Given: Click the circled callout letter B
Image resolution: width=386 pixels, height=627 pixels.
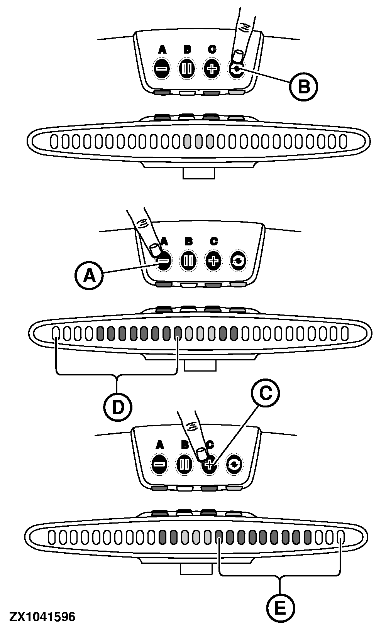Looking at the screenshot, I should (x=303, y=86).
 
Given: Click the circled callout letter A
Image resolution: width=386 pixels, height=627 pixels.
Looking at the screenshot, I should (x=89, y=275).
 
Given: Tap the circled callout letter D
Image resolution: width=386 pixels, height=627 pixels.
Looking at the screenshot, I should (x=117, y=406).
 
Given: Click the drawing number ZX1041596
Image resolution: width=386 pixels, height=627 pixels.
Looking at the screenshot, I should (x=42, y=617).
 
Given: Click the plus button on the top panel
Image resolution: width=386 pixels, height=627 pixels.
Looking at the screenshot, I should (x=211, y=69).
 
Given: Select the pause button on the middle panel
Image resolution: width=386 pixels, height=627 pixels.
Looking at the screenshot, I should (x=188, y=261).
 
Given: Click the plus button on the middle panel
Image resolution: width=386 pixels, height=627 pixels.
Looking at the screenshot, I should (x=213, y=261).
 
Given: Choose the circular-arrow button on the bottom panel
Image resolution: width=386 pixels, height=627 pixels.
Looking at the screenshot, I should (x=234, y=464).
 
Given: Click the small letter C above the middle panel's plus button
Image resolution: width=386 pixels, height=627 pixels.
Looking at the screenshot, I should (x=213, y=242).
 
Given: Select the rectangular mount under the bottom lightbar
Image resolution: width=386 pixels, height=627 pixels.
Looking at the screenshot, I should (x=196, y=569).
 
